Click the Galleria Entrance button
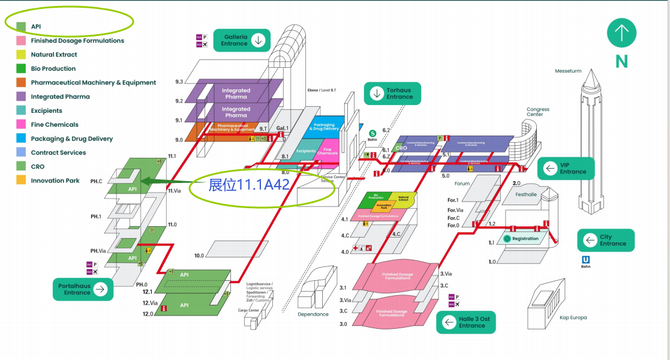coord(243,40)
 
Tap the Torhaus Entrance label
coord(392,94)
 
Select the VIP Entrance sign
coord(566,169)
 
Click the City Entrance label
coord(605,240)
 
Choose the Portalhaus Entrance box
coord(83,289)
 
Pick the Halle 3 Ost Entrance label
coord(465,322)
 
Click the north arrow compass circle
coord(621,33)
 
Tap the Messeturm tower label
coord(568,71)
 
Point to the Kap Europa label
coord(573,317)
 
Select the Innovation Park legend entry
coord(55,181)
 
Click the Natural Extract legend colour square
coord(21,55)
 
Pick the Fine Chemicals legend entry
coord(55,125)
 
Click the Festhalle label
coord(526,194)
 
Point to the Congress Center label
coord(538,112)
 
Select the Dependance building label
coord(313,314)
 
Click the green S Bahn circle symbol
coord(372,133)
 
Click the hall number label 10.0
coord(199,255)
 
